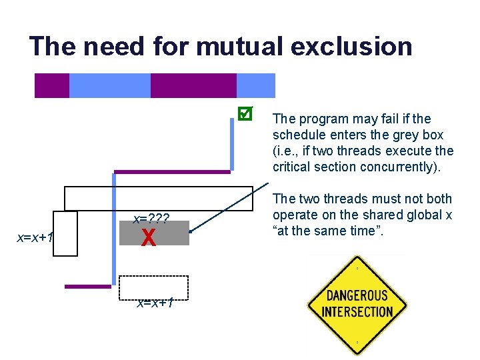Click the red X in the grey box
pos(149,237)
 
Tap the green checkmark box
pos(245,114)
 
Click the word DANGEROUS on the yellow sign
pos(357,295)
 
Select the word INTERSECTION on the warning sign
pos(357,311)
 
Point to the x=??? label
pos(151,219)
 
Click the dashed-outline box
pos(153,289)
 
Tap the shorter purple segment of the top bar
pos(52,85)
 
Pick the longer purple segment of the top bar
pos(193,85)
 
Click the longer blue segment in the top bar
pos(110,85)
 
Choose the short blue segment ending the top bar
pos(256,85)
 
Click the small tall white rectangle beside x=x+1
pos(65,233)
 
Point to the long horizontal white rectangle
pos(160,198)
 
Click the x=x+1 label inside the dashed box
pos(155,303)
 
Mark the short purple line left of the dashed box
pos(87,287)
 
